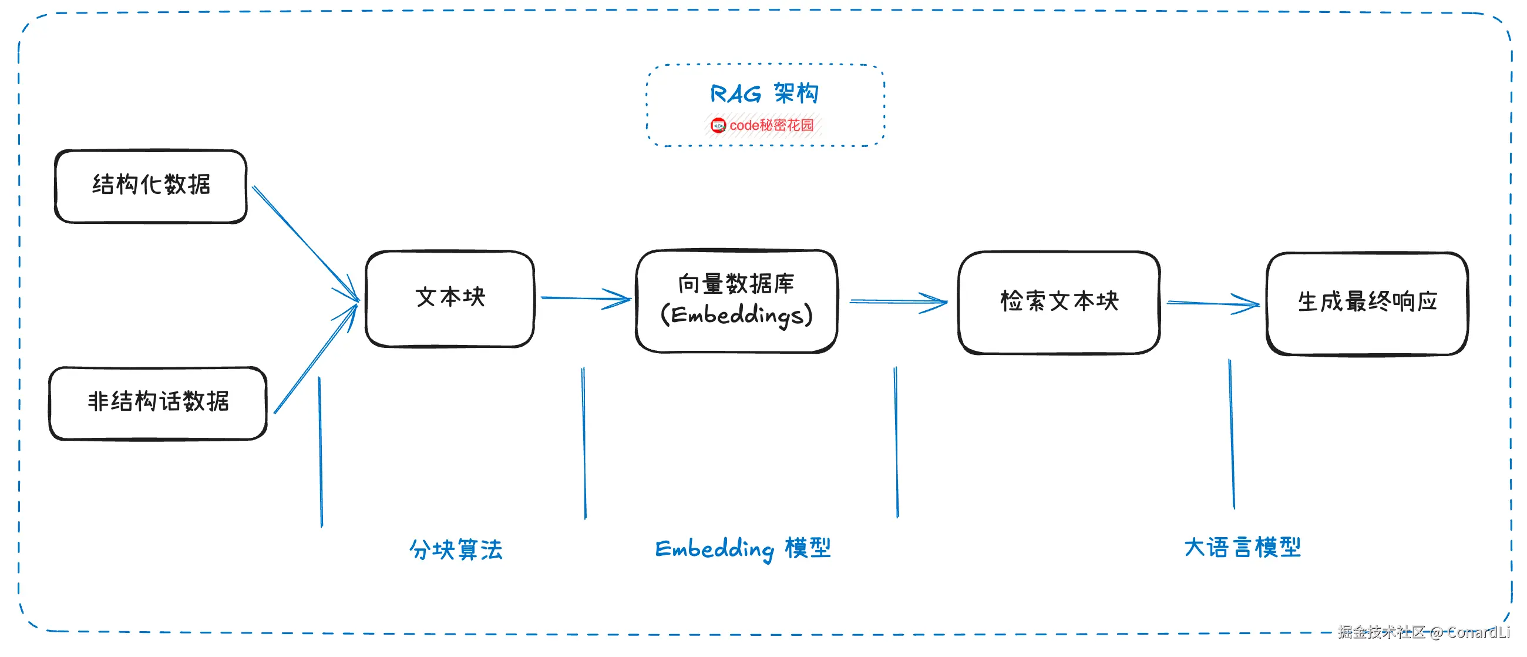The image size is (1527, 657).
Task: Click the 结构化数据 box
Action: [x=150, y=186]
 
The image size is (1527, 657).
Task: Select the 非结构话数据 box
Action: [x=157, y=403]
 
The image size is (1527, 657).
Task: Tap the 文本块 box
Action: [x=450, y=299]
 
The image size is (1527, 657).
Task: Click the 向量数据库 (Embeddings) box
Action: [x=736, y=301]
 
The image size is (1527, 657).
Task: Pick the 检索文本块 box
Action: [x=1059, y=303]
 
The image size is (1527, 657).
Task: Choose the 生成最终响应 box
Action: [x=1367, y=303]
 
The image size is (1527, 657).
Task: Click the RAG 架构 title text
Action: [x=764, y=93]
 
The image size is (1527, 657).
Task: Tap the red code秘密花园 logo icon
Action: [x=718, y=126]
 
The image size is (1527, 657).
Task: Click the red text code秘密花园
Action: [x=771, y=126]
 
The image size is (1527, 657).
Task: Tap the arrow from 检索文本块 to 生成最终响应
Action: [x=1212, y=304]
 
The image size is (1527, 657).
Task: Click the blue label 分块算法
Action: [x=456, y=549]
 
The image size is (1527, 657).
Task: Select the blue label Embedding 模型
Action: [x=743, y=548]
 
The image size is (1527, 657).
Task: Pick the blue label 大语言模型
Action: [x=1243, y=547]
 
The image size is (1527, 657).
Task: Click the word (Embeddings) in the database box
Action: [x=736, y=316]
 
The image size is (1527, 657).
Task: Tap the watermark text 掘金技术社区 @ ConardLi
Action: [x=1423, y=633]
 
